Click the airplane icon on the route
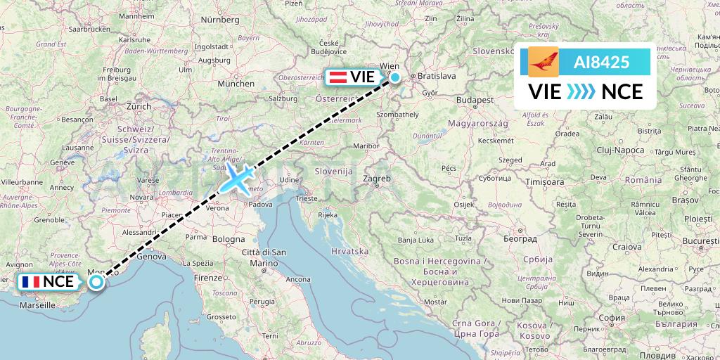pos(237,177)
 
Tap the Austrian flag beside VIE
pos(339,77)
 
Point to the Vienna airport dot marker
pos(395,77)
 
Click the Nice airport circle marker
pos(96,282)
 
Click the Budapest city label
pos(474,101)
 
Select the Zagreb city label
pos(376,179)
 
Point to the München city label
pos(236,83)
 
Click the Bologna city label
pos(228,240)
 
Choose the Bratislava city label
pos(437,75)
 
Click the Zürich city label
pos(139,106)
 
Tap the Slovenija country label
pos(333,171)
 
